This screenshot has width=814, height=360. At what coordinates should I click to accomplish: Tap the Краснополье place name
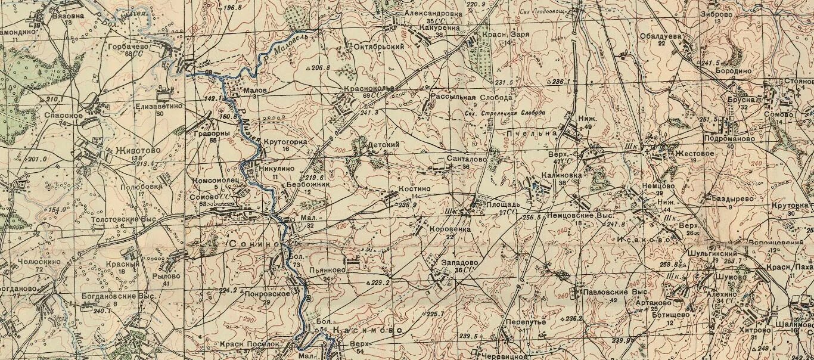click(369, 88)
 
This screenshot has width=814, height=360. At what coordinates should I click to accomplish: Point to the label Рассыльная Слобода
click(471, 97)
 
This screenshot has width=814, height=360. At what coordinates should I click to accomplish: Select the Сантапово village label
click(467, 159)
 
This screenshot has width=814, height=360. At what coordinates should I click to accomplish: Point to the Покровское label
click(267, 294)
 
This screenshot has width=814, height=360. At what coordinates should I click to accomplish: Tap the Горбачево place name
click(128, 46)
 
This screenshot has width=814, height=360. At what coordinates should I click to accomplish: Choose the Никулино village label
click(277, 169)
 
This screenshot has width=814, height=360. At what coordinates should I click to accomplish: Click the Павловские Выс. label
click(616, 293)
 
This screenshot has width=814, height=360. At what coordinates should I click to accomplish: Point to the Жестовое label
click(694, 153)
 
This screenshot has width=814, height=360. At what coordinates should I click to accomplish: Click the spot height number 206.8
click(320, 68)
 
